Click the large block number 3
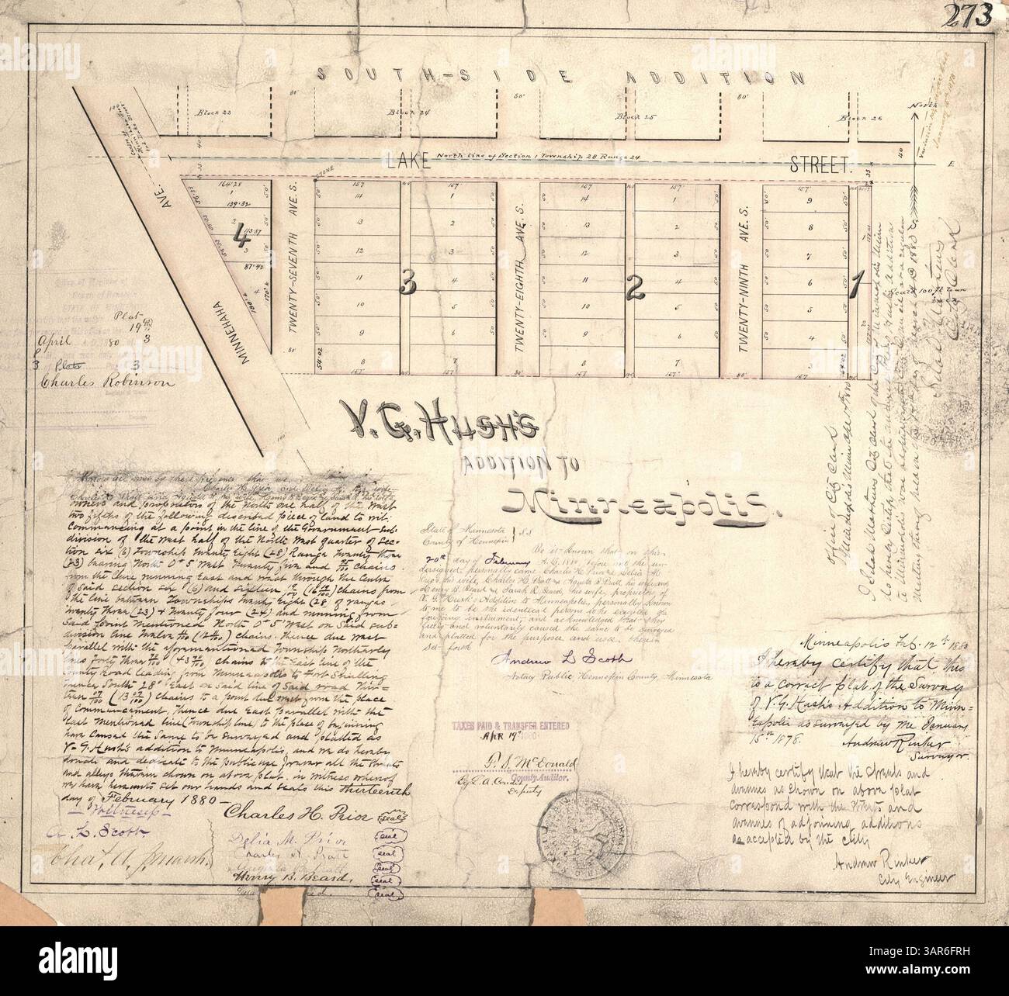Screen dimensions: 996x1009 (x=405, y=287)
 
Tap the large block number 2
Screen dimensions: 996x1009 (x=634, y=289)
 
